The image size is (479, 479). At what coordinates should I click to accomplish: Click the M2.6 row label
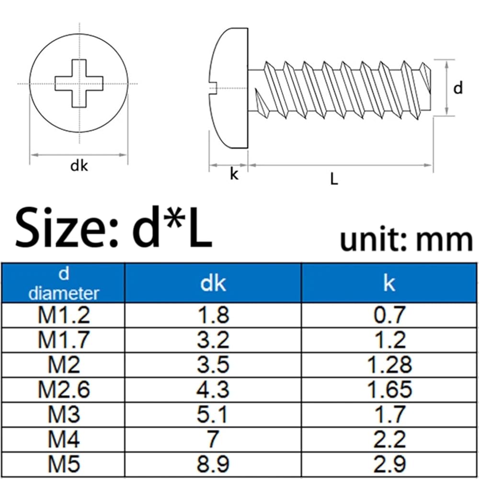tap(64, 389)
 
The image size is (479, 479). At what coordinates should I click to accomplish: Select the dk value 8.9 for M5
tap(213, 464)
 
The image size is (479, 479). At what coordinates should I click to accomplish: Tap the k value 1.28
tap(389, 365)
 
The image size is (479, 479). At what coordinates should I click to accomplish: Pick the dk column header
tap(213, 283)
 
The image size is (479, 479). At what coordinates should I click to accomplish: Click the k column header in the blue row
tap(389, 283)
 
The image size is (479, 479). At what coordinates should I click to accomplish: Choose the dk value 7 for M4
tap(213, 439)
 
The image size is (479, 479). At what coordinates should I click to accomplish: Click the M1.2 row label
tap(64, 315)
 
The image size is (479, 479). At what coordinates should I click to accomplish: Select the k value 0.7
tap(389, 315)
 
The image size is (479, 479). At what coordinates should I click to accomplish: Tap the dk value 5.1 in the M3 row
tap(213, 414)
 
